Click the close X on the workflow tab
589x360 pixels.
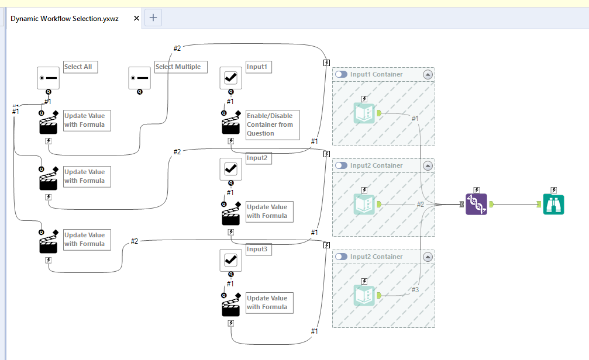pos(137,18)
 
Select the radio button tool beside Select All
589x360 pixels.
pos(49,78)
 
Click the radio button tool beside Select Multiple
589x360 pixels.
pos(140,78)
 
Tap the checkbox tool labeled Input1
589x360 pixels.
pos(230,78)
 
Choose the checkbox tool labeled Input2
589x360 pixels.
pos(230,169)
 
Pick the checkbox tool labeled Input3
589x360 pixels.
pos(230,260)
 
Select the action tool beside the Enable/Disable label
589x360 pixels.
pos(230,123)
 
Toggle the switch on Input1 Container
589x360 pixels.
pos(341,74)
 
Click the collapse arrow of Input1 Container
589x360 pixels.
pos(428,74)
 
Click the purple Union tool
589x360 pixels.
pos(476,204)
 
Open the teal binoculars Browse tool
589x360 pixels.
pos(553,204)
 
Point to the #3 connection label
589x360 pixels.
pos(415,290)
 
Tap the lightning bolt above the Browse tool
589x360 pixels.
pos(553,190)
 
